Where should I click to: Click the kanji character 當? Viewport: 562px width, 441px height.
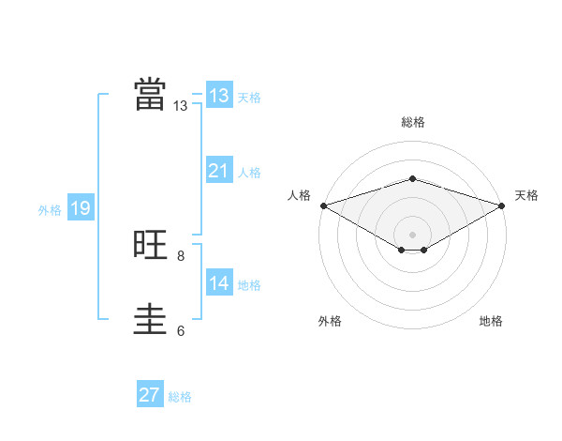pyautogui.click(x=150, y=95)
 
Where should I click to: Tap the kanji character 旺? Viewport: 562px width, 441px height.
pyautogui.click(x=150, y=245)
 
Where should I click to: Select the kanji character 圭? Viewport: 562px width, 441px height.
pyautogui.click(x=150, y=320)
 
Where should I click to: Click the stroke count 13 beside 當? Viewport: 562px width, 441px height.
pyautogui.click(x=181, y=106)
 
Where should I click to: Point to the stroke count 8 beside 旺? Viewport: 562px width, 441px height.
pyautogui.click(x=181, y=255)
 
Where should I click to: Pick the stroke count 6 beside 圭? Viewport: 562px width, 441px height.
pyautogui.click(x=181, y=330)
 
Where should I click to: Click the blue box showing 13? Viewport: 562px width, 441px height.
pyautogui.click(x=218, y=96)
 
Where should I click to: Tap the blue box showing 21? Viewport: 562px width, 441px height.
pyautogui.click(x=218, y=171)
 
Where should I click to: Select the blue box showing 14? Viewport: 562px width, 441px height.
pyautogui.click(x=218, y=283)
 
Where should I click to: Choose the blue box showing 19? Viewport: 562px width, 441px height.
pyautogui.click(x=81, y=208)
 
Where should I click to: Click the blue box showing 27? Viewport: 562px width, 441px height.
pyautogui.click(x=150, y=395)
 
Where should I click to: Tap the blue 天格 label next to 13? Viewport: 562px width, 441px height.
pyautogui.click(x=249, y=98)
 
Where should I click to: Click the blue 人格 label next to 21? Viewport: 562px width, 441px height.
pyautogui.click(x=249, y=173)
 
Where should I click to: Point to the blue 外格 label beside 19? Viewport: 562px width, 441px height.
pyautogui.click(x=50, y=210)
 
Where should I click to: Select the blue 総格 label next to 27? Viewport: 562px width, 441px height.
pyautogui.click(x=180, y=397)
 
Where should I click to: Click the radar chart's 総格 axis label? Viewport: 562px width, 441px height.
pyautogui.click(x=412, y=122)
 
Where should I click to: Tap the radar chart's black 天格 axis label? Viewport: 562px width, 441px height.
pyautogui.click(x=526, y=195)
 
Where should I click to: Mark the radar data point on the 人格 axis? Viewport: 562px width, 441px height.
pyautogui.click(x=323, y=205)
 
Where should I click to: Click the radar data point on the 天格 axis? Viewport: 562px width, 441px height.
pyautogui.click(x=502, y=205)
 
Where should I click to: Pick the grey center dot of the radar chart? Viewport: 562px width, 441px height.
pyautogui.click(x=412, y=234)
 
